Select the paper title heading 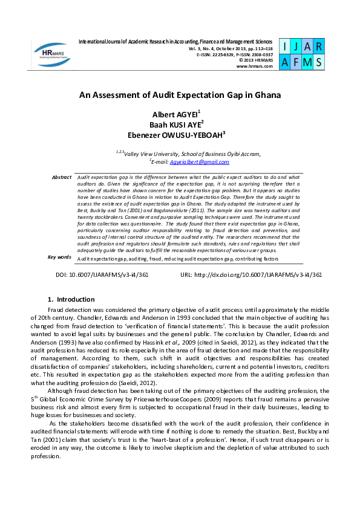tap(180, 95)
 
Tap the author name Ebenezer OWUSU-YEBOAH tap(179, 135)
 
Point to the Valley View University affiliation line tap(188, 154)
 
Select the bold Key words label tap(59, 257)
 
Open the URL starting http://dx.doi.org tap(251, 274)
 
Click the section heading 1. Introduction tap(71, 299)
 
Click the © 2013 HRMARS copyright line tap(256, 59)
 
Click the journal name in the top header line tap(176, 41)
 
